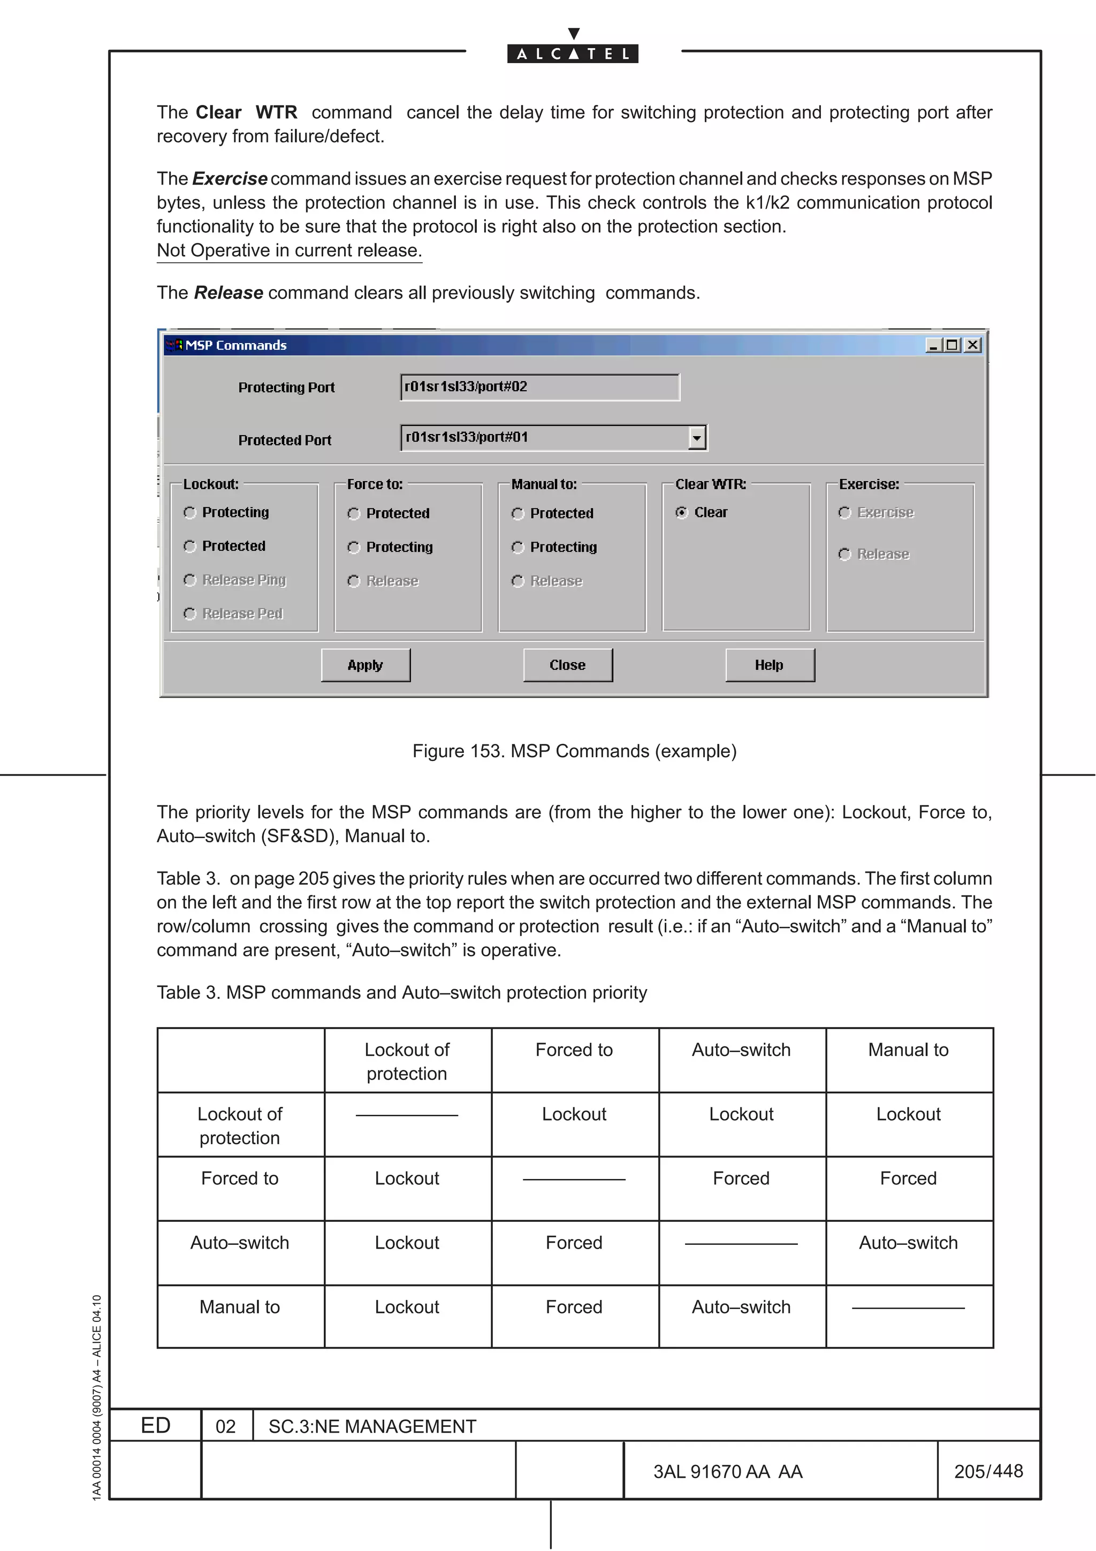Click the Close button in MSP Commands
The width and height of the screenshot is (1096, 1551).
[x=567, y=665]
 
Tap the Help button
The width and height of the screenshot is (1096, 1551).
[x=769, y=665]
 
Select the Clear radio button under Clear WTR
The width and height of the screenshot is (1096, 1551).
[x=681, y=513]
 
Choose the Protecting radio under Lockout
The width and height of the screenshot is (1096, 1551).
[x=190, y=513]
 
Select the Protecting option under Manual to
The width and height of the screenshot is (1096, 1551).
[x=518, y=547]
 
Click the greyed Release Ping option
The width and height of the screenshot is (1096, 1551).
[x=190, y=580]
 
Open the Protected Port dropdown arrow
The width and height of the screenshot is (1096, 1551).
[x=697, y=438]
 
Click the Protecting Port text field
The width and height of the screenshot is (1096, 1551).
[x=539, y=387]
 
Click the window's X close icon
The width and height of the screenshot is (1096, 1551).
[x=972, y=345]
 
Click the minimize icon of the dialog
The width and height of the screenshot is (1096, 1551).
[x=933, y=345]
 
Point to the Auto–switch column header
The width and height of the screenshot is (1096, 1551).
[x=741, y=1050]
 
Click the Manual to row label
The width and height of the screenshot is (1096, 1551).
[x=240, y=1307]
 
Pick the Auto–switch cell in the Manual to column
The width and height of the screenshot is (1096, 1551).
[x=908, y=1243]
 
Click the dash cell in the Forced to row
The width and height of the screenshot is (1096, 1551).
[x=574, y=1180]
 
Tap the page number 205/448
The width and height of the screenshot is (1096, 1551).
[x=988, y=1471]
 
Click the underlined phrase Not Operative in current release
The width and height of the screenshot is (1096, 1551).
[x=289, y=250]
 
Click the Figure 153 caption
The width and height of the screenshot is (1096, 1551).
[x=574, y=751]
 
